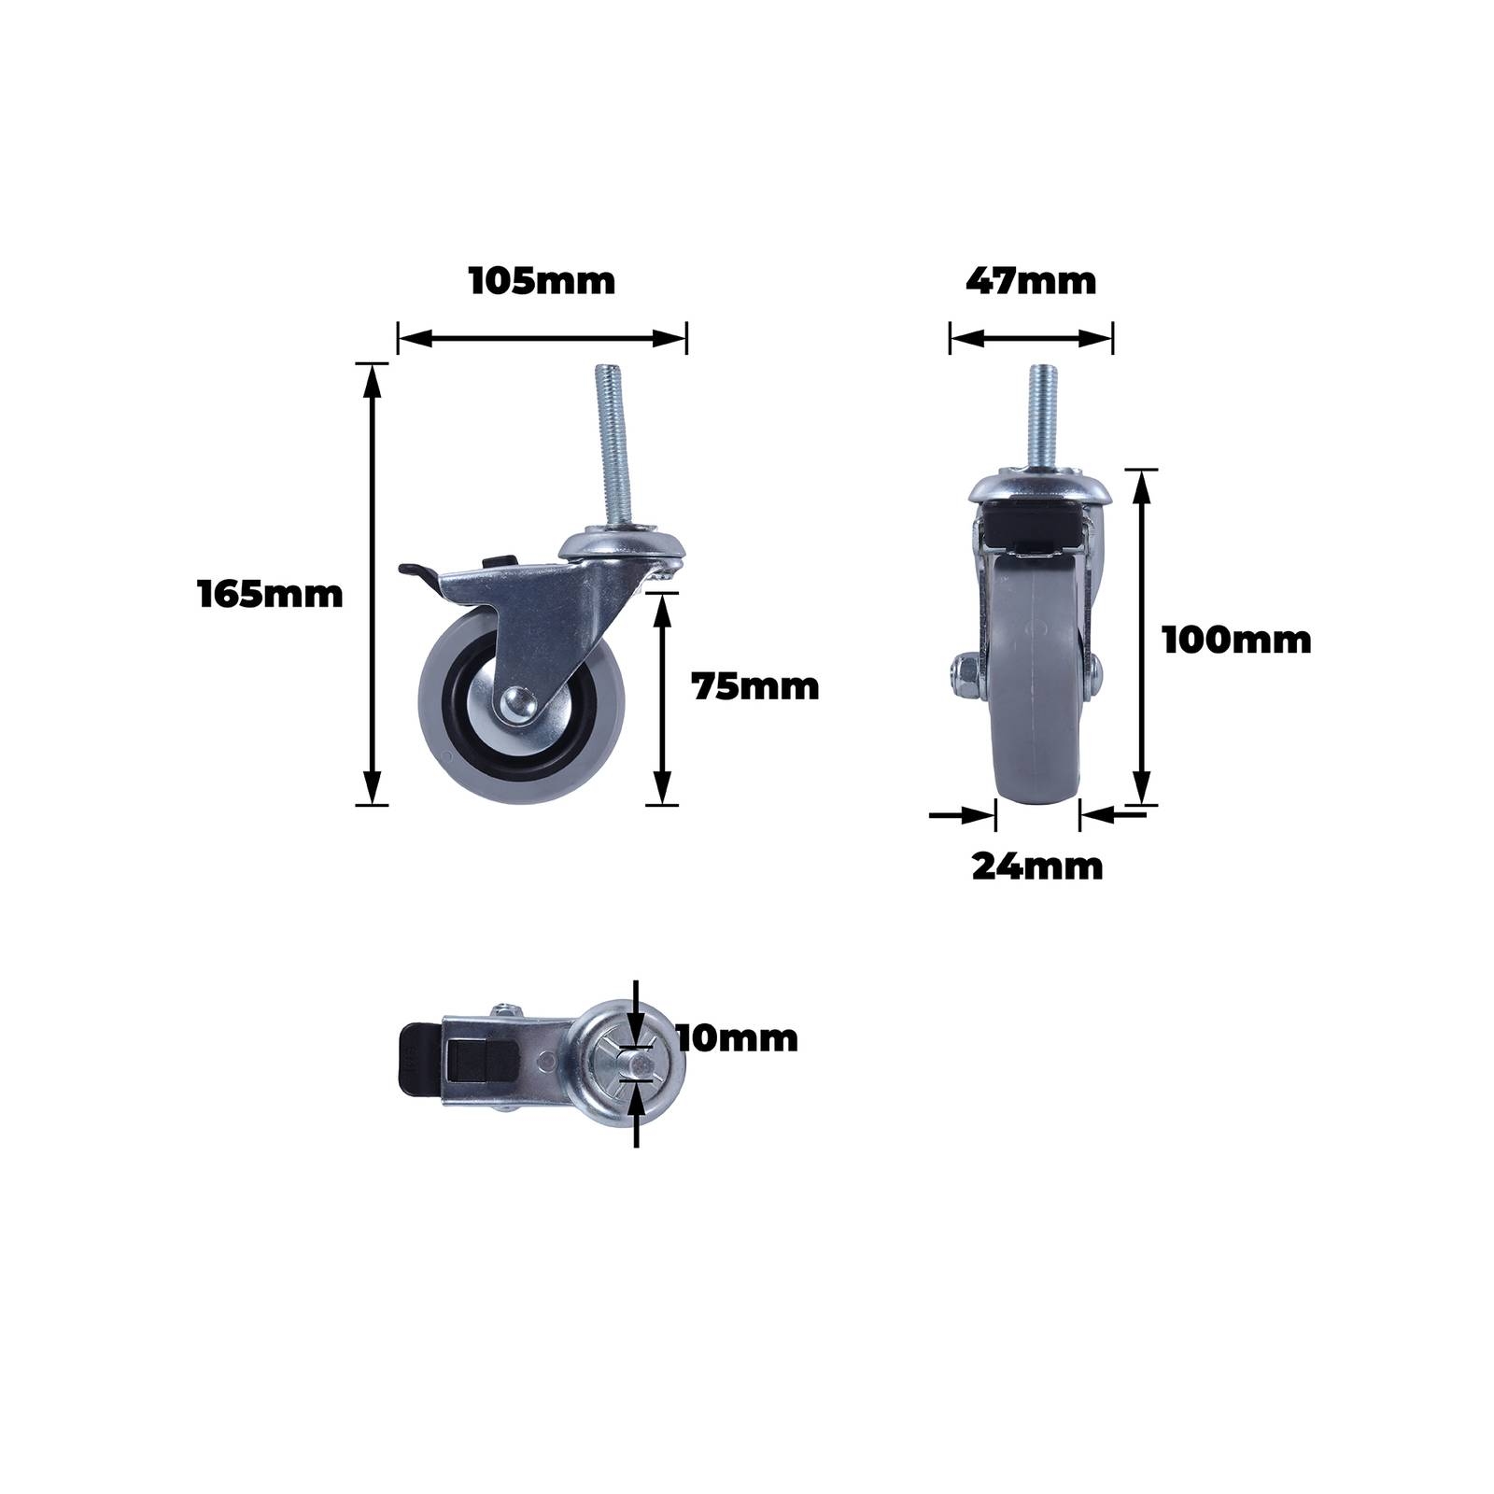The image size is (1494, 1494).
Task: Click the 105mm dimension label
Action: click(x=542, y=281)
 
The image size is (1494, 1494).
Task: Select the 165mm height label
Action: click(x=271, y=594)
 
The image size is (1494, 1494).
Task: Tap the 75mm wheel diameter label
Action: click(x=755, y=687)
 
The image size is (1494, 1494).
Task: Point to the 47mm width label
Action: click(x=1031, y=281)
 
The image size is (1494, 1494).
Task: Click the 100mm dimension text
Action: click(x=1236, y=641)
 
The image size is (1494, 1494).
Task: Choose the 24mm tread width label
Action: click(x=1037, y=867)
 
